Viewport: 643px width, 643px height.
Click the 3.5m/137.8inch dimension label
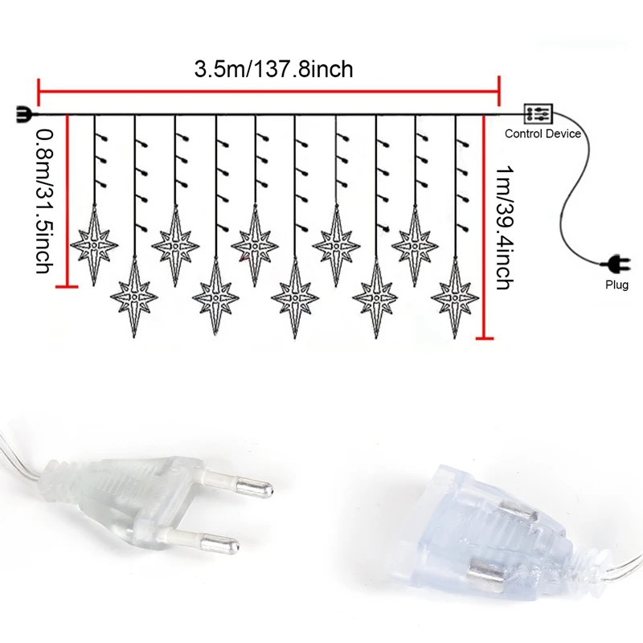pyautogui.click(x=273, y=69)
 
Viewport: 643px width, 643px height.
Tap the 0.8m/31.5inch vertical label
pyautogui.click(x=45, y=201)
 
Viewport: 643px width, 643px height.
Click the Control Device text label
pyautogui.click(x=542, y=133)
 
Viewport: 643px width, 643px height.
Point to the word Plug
pyautogui.click(x=617, y=285)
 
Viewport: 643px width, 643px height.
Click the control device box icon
pyautogui.click(x=538, y=113)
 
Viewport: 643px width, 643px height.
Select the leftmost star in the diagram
pyautogui.click(x=94, y=244)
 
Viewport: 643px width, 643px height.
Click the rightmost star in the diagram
pyautogui.click(x=455, y=298)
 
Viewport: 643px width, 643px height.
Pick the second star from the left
pyautogui.click(x=134, y=298)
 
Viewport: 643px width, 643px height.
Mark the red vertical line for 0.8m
pyautogui.click(x=68, y=201)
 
